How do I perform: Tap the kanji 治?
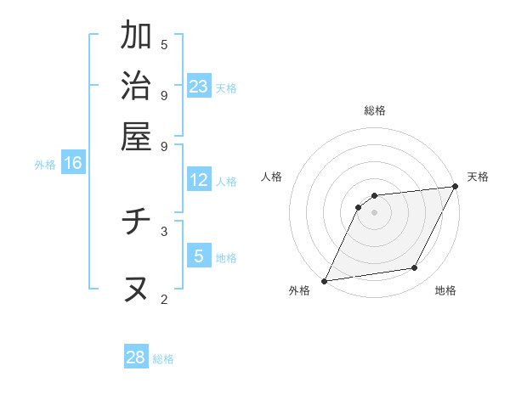[x=136, y=87]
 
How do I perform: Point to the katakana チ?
[x=136, y=223]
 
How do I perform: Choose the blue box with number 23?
[x=199, y=87]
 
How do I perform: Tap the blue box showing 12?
[x=199, y=180]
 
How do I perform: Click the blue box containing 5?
[x=199, y=256]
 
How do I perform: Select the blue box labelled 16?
[x=73, y=164]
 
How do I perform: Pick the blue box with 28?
[x=136, y=357]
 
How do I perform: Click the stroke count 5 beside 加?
[x=164, y=44]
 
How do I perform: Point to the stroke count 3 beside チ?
[x=164, y=230]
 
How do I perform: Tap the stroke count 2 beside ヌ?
[x=164, y=298]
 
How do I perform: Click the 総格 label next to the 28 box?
[x=163, y=359]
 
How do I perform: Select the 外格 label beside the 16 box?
[x=44, y=165]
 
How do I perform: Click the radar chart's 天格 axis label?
[x=478, y=177]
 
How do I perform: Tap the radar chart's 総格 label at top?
[x=375, y=110]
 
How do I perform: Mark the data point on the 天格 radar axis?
[x=456, y=187]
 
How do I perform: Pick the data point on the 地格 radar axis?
[x=415, y=268]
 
